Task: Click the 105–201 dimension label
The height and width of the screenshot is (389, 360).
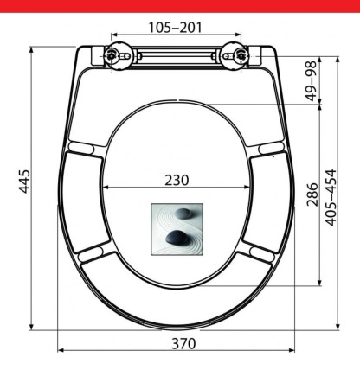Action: [175, 28]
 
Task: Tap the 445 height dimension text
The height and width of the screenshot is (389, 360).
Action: [24, 182]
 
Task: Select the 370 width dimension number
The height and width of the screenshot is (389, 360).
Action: [183, 343]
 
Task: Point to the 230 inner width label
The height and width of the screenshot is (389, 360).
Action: [177, 181]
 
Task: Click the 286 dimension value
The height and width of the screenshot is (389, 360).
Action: [312, 194]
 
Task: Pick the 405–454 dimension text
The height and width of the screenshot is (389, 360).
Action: [331, 197]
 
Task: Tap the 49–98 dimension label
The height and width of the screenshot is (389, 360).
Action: [312, 81]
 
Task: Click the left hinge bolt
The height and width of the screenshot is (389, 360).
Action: [111, 54]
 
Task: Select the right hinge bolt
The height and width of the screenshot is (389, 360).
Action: [241, 54]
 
